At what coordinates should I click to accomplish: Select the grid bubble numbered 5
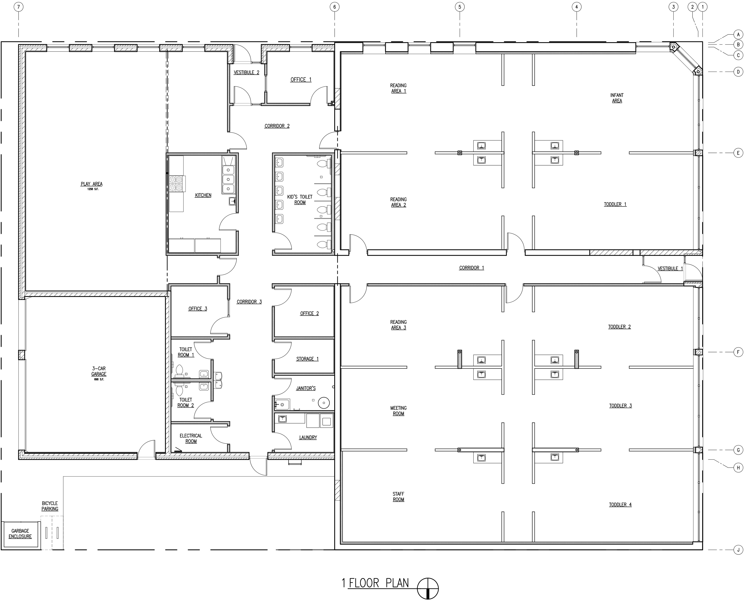tap(460, 7)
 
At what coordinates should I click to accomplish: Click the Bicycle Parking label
tap(50, 506)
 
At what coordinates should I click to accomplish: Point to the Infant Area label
tap(617, 98)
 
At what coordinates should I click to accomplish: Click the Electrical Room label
tap(191, 438)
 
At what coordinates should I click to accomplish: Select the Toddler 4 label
tap(620, 504)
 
